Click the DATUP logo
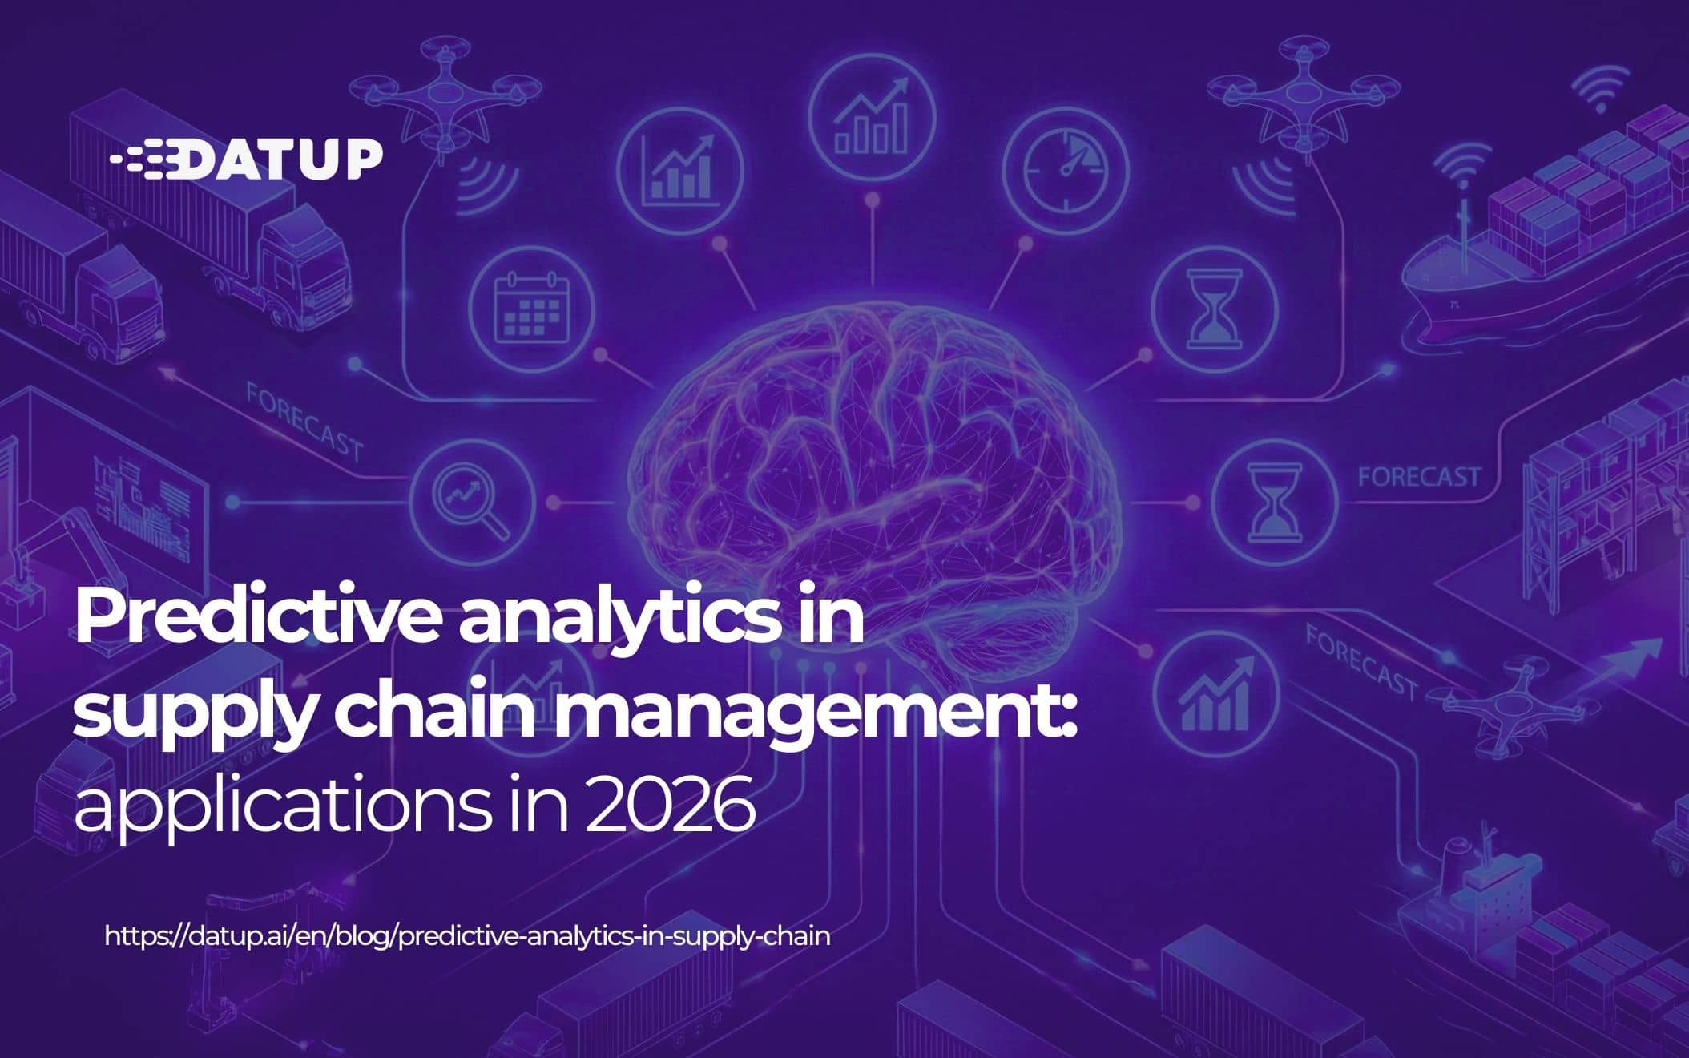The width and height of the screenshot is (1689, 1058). (x=247, y=160)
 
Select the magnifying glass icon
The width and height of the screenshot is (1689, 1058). (x=471, y=500)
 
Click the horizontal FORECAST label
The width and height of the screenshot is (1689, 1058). (x=1418, y=477)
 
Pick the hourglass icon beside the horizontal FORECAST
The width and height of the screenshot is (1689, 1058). (x=1273, y=500)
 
